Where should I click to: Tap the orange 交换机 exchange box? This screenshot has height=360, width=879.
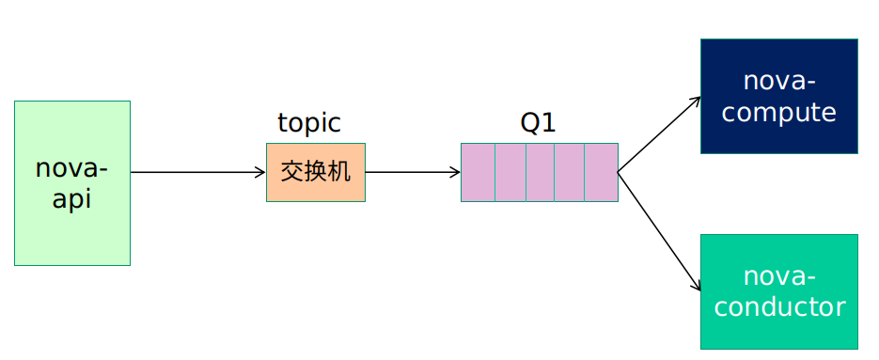pyautogui.click(x=315, y=172)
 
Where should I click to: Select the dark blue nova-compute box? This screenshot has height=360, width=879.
pyautogui.click(x=778, y=96)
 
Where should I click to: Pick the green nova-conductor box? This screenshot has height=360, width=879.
pyautogui.click(x=778, y=291)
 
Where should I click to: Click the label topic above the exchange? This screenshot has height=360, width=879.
pyautogui.click(x=308, y=123)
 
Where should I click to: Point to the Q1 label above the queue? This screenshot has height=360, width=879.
pyautogui.click(x=538, y=123)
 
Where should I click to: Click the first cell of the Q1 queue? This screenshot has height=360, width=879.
pyautogui.click(x=478, y=172)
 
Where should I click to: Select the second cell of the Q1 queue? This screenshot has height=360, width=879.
pyautogui.click(x=510, y=172)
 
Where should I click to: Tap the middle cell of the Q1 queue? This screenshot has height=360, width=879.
pyautogui.click(x=540, y=172)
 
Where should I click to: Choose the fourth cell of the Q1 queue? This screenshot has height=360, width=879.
pyautogui.click(x=570, y=172)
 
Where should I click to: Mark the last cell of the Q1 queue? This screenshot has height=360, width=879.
pyautogui.click(x=601, y=172)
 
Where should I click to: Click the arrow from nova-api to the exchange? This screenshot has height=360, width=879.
pyautogui.click(x=197, y=172)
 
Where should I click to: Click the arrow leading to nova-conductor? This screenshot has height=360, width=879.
pyautogui.click(x=658, y=229)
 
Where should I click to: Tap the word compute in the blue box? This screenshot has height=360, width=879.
pyautogui.click(x=778, y=113)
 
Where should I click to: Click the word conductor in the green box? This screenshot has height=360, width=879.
pyautogui.click(x=778, y=306)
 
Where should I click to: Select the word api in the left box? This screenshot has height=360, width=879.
pyautogui.click(x=71, y=199)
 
